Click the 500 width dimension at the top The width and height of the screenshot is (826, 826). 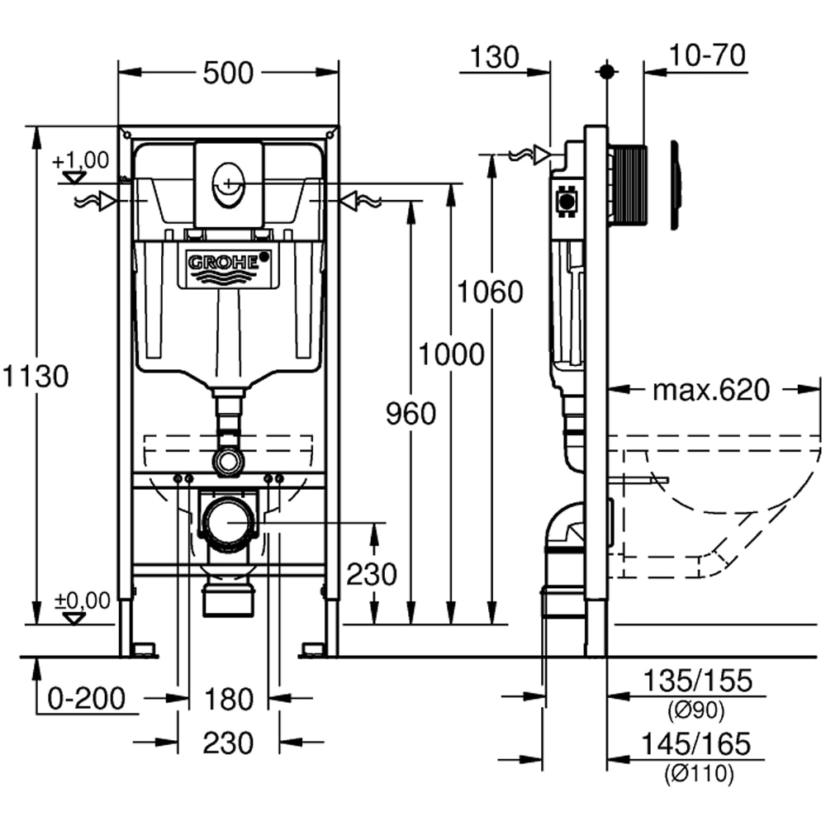[228, 73]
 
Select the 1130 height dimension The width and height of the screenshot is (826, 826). [34, 377]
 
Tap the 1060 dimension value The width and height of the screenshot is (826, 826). [491, 292]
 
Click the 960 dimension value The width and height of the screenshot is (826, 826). [411, 413]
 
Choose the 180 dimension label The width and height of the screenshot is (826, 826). [229, 700]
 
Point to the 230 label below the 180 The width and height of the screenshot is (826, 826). [229, 743]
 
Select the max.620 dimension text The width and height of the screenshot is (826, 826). [710, 389]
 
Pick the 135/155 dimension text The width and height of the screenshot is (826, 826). [698, 681]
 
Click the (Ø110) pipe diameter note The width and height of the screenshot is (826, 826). [698, 774]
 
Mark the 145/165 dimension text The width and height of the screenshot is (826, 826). [698, 744]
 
